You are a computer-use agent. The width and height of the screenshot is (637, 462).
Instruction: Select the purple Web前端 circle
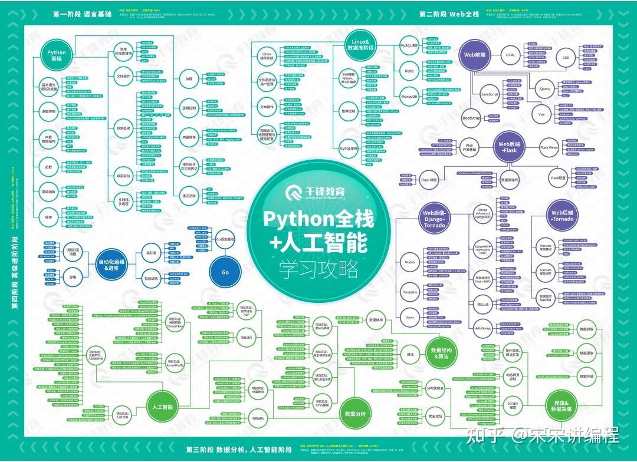click(x=474, y=55)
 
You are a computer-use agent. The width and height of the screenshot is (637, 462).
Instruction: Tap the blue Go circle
click(x=225, y=273)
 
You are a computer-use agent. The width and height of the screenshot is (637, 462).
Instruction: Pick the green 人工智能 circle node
click(x=162, y=407)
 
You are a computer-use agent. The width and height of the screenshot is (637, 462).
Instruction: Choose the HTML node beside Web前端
click(x=511, y=55)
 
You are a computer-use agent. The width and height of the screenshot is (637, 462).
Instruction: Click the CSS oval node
click(x=566, y=58)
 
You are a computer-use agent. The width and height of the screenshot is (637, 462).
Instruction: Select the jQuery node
click(x=544, y=89)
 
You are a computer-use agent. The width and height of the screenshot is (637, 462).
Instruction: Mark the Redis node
click(x=409, y=70)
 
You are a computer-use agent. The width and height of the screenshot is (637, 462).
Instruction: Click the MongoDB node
click(x=409, y=96)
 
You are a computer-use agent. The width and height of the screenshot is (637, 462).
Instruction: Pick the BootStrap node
click(x=471, y=117)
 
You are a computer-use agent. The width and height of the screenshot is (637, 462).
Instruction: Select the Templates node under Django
click(x=409, y=292)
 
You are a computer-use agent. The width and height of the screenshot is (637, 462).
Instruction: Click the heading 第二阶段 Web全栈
click(x=449, y=13)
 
